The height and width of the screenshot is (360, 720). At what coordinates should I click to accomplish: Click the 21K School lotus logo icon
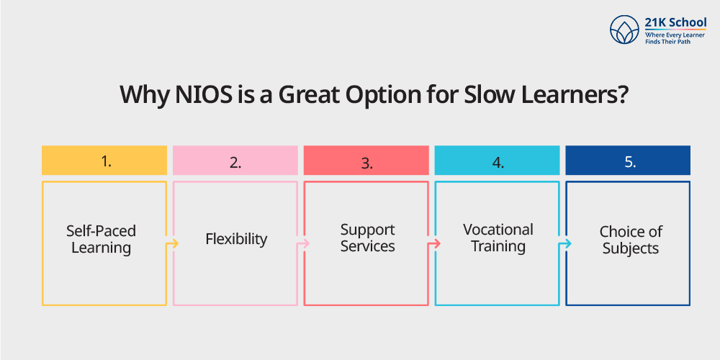click(x=624, y=30)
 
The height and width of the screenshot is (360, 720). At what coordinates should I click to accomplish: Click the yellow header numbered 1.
click(x=104, y=161)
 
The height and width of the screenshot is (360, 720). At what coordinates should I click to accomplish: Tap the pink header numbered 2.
click(x=235, y=161)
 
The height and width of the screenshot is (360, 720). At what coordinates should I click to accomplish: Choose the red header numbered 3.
click(x=366, y=161)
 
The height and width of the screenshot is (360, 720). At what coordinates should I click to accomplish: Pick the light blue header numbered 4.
click(x=498, y=161)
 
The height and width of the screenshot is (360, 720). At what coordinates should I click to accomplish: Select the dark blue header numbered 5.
click(x=628, y=161)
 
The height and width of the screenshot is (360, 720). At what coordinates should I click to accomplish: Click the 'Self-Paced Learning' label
click(x=101, y=239)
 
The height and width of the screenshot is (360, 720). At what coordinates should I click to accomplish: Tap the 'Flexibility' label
click(x=236, y=239)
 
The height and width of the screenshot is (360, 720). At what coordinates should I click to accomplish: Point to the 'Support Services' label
click(x=367, y=238)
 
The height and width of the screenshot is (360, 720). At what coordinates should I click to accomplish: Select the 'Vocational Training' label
click(x=498, y=238)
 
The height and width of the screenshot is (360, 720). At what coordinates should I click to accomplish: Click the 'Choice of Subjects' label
click(x=631, y=240)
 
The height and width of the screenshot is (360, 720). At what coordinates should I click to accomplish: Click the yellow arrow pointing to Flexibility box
click(x=173, y=243)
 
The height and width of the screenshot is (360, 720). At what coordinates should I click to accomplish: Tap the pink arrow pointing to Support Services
click(x=304, y=243)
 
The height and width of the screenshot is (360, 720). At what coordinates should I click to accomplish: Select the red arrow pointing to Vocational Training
click(x=435, y=243)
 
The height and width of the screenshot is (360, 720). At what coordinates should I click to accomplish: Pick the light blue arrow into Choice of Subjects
click(x=566, y=243)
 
